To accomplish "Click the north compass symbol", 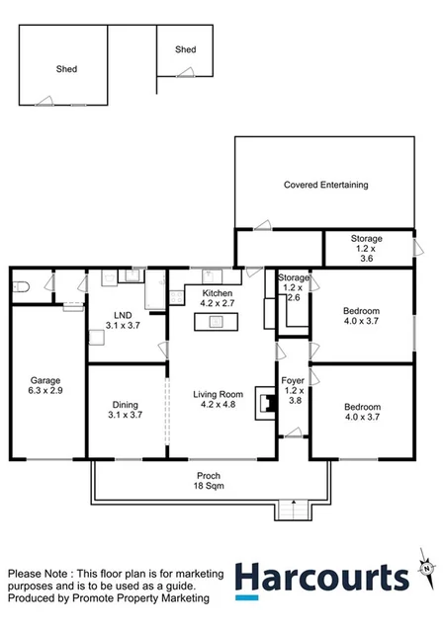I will pos(426,567).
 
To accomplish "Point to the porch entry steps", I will pos(292,510).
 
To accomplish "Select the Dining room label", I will pos(123,404).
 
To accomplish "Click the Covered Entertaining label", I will pos(325,185).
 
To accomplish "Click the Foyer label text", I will pos(292,378).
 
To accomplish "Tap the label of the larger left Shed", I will pos(66,69).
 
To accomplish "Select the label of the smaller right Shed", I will pos(186,49).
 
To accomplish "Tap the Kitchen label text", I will pos(218,294).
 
